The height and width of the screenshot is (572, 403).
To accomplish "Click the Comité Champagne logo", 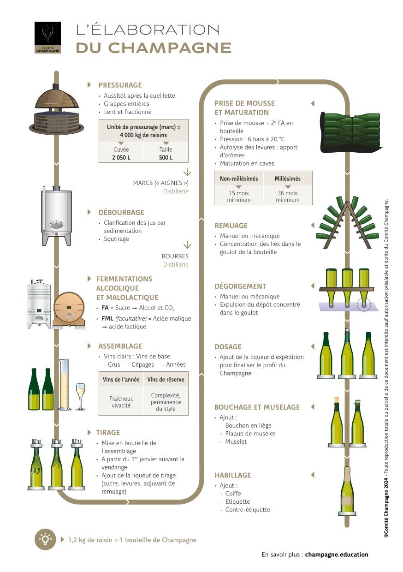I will point(47,37).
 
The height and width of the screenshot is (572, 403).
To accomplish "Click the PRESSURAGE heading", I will point(120,85).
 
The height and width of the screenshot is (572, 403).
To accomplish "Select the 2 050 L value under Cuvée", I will point(121,157).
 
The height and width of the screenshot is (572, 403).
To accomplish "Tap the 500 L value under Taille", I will point(166,157).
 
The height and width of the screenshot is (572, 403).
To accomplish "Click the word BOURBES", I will point(175,256).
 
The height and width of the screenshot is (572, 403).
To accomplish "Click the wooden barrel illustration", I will point(69,309).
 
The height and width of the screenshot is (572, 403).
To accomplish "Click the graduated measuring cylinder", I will point(64,385).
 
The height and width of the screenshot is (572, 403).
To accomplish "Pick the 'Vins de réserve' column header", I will point(166,380).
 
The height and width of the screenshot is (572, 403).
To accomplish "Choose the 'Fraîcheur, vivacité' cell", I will point(121,402).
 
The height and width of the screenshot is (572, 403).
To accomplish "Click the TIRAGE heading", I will point(108,433).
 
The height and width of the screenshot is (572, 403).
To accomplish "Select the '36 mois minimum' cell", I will point(287,197).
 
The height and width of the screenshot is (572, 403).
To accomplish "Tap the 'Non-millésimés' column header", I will point(238,179).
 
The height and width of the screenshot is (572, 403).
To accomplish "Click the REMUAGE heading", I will point(231,226).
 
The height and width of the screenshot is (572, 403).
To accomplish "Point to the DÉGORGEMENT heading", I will point(240,286).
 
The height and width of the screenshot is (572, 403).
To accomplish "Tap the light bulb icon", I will point(45,539).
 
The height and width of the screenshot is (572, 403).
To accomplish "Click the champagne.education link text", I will point(337,554).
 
